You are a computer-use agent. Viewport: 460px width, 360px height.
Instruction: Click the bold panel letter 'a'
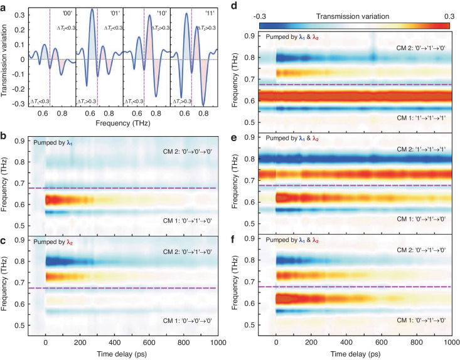click(4, 8)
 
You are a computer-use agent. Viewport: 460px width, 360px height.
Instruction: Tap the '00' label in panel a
click(67, 14)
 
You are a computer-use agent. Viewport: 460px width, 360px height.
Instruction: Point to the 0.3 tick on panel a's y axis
click(20, 15)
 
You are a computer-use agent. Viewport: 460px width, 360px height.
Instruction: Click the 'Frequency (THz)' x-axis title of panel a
click(122, 123)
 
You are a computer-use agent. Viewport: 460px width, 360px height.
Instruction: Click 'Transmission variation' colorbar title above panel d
click(353, 16)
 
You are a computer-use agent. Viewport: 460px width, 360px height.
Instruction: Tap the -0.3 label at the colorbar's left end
click(260, 16)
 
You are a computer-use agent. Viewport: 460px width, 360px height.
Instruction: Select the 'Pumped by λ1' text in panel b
click(52, 143)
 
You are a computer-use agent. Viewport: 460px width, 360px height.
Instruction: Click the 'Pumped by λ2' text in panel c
click(53, 243)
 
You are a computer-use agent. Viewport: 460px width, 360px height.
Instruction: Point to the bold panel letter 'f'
click(233, 240)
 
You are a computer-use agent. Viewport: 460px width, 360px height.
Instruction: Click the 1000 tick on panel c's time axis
click(218, 342)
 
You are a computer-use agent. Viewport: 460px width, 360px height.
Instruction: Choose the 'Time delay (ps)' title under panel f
click(356, 354)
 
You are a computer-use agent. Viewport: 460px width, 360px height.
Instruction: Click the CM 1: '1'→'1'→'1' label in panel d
click(421, 118)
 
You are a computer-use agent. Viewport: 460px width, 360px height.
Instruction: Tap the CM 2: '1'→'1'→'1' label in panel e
click(421, 149)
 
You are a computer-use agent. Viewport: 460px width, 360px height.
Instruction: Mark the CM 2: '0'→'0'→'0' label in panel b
click(188, 152)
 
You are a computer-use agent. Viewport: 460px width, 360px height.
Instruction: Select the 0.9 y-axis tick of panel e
click(249, 137)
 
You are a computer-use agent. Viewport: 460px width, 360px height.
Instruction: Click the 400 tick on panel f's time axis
click(346, 342)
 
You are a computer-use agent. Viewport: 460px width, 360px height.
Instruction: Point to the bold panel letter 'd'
click(234, 6)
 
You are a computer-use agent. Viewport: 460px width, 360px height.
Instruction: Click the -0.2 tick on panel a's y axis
click(19, 89)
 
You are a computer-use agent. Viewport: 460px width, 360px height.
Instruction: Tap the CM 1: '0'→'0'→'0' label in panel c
click(188, 320)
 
